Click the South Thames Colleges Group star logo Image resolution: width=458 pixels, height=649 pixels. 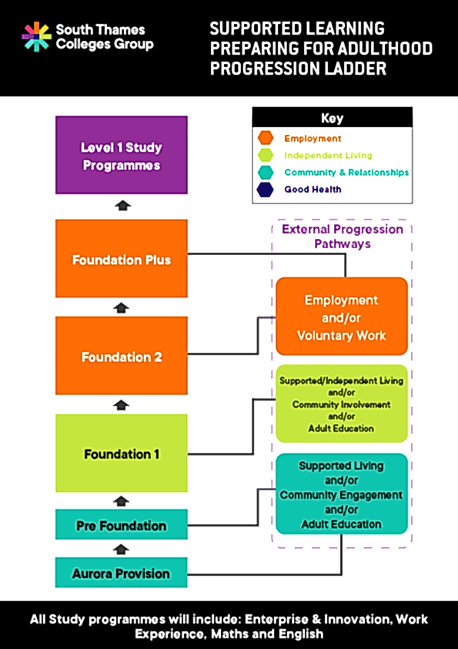coord(36,36)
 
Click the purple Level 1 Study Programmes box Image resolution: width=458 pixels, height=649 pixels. coord(122,156)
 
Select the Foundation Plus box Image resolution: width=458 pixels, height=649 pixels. coord(122,259)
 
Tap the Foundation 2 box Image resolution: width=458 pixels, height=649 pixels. coord(122,356)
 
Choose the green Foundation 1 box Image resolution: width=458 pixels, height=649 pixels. coord(122,453)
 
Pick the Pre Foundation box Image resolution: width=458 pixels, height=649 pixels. coord(122,525)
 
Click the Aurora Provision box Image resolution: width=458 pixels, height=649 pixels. coord(122,573)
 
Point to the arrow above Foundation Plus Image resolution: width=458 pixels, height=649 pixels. coord(122,206)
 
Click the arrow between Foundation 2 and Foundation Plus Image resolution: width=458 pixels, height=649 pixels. coord(122,308)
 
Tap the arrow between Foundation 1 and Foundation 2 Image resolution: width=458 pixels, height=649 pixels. coord(122,405)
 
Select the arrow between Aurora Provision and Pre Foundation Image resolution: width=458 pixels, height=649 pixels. coord(122,549)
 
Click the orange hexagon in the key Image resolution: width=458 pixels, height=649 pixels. coord(266,139)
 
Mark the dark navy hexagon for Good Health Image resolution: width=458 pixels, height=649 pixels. coord(266,190)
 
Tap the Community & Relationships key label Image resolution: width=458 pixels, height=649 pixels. coord(346,173)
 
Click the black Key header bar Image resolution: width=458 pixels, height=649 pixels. coord(332,118)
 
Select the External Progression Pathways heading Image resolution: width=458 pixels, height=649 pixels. coord(342,236)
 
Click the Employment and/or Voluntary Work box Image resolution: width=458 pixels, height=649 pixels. coord(341,317)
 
